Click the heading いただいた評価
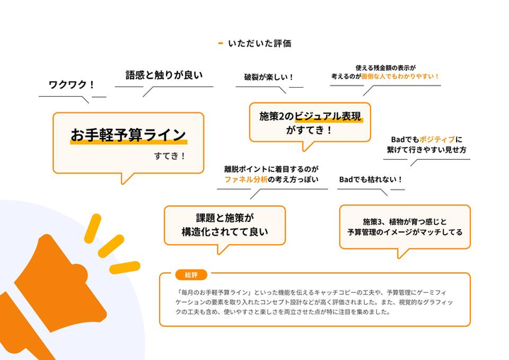pos(259,43)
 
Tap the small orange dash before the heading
pos(221,43)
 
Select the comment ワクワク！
pos(71,85)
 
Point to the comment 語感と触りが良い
pos(164,75)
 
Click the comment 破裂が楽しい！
pos(269,77)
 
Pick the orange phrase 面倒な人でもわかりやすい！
pos(400,76)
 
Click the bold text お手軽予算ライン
pos(128,135)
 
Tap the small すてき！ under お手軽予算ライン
pos(170,156)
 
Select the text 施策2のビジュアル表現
pos(310,116)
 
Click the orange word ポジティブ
pos(437,139)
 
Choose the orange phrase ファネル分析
pos(246,180)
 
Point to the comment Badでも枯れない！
pos(370,180)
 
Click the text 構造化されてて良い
pos(225,232)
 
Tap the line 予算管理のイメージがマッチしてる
pos(405,232)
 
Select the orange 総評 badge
pos(191,275)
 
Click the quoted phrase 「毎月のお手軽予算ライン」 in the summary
pos(213,292)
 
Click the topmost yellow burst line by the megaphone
pos(93,228)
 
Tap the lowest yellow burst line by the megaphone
pos(124,267)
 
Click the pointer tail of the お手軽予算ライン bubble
pos(126,178)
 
